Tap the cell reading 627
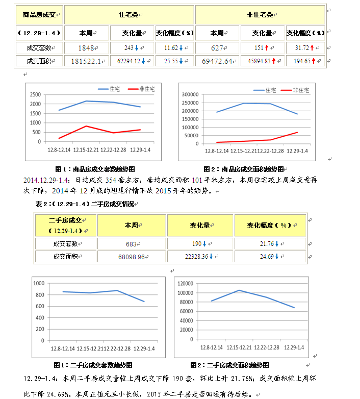(217, 48)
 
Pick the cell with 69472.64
(217, 61)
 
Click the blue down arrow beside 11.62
(181, 48)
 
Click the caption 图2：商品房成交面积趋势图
(243, 169)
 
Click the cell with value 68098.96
(131, 256)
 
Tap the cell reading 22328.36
(196, 256)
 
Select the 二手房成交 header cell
(65, 224)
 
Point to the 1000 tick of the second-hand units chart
(39, 283)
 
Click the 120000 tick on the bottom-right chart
(184, 283)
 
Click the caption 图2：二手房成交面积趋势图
(229, 365)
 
